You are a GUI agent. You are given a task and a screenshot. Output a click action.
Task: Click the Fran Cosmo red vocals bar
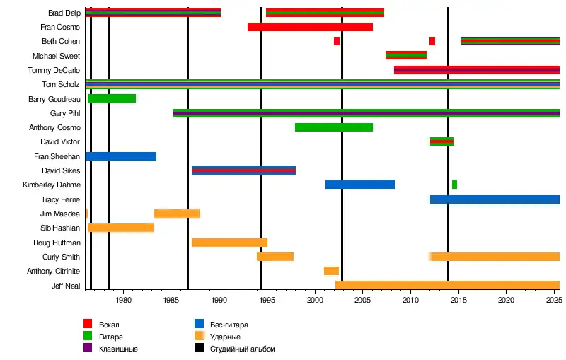click(x=310, y=27)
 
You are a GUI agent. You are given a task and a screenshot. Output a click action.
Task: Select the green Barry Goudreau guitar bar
click(x=112, y=98)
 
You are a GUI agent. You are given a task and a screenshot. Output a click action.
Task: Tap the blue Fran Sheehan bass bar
click(x=120, y=156)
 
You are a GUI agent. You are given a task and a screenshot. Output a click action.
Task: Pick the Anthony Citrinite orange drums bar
click(x=331, y=271)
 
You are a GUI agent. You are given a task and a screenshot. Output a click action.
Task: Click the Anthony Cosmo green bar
click(x=333, y=127)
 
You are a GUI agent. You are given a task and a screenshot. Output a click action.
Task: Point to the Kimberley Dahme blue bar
click(x=359, y=185)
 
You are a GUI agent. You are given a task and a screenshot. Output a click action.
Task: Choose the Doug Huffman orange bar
click(x=229, y=243)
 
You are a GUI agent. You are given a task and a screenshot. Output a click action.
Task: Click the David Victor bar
click(x=441, y=141)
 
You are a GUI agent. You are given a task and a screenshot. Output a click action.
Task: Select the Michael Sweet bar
click(x=405, y=55)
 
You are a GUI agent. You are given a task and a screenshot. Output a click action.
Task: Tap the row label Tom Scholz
click(x=61, y=84)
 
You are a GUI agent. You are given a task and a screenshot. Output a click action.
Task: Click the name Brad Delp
click(x=64, y=13)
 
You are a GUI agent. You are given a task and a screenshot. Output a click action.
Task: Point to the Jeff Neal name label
click(x=65, y=286)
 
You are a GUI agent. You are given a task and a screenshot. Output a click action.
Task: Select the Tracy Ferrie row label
click(x=60, y=199)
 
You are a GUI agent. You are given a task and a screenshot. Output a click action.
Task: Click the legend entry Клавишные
click(x=118, y=349)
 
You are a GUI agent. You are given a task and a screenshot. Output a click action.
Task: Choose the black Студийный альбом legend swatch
click(x=200, y=349)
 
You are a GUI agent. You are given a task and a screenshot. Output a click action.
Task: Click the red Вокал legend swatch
click(x=88, y=325)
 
